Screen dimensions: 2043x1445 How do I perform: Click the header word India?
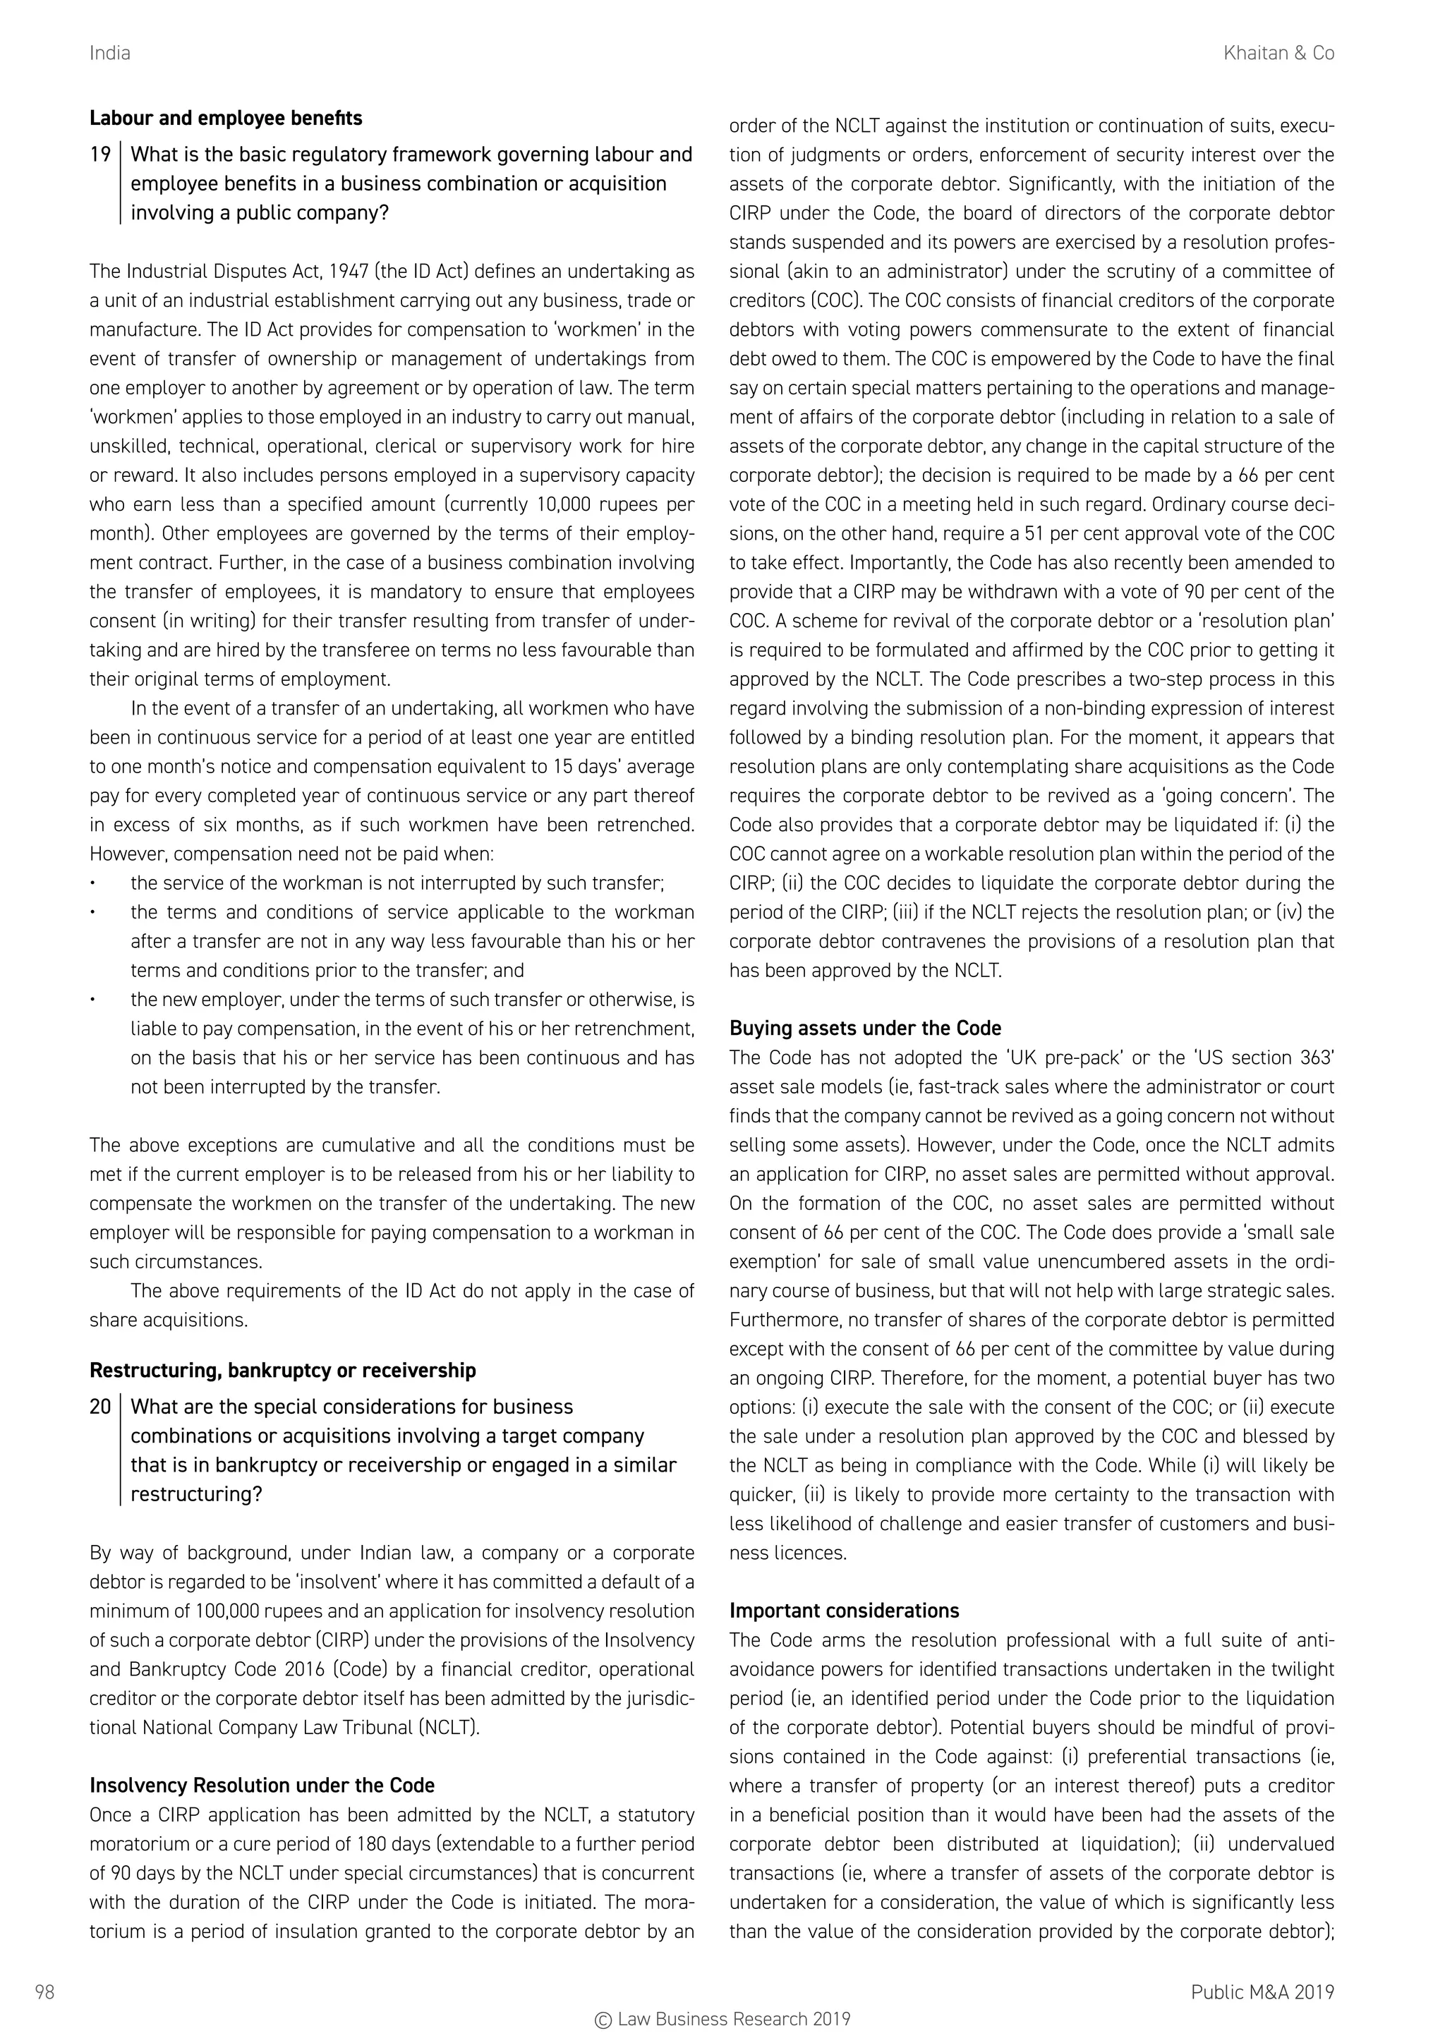click(109, 54)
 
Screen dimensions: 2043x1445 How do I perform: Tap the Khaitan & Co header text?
click(1278, 54)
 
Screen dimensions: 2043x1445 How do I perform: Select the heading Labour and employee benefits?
click(225, 119)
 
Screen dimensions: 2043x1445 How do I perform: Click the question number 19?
click(99, 154)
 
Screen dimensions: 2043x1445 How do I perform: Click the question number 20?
click(99, 1407)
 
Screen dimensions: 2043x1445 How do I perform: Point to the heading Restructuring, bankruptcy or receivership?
click(282, 1370)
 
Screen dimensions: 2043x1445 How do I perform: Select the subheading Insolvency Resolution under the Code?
click(262, 1785)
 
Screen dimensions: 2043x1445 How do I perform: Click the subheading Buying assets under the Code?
click(865, 1028)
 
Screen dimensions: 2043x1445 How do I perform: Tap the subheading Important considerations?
click(844, 1611)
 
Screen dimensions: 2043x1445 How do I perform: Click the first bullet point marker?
click(92, 883)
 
